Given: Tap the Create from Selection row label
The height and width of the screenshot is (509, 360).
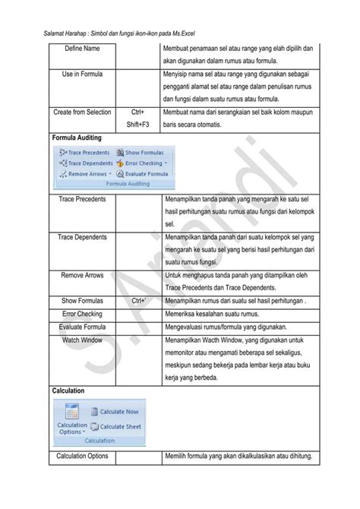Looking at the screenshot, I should coord(82,112).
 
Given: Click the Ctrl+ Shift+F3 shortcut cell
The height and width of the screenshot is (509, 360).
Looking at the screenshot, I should coord(137,119).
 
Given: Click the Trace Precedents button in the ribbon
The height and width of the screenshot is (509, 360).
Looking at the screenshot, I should coord(84,152).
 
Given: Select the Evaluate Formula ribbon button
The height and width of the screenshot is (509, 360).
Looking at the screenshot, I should coord(143,173).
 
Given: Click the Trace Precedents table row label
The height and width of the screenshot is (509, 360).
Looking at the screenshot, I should coord(82,199).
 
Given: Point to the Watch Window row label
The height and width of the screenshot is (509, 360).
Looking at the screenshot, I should coord(82,340).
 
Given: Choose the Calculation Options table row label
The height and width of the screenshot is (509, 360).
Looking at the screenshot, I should coord(82,456).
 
